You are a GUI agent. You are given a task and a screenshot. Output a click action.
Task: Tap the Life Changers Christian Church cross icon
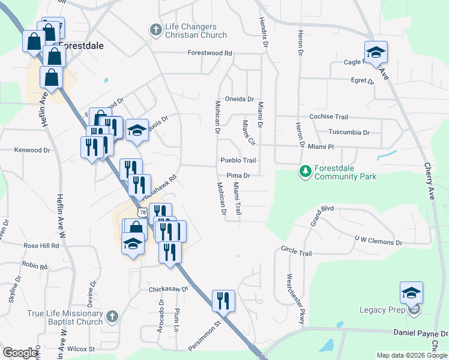click(x=155, y=28)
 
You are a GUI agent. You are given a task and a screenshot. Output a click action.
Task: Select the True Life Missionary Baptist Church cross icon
click(x=112, y=316)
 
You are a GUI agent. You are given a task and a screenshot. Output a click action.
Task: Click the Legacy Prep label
click(x=383, y=310)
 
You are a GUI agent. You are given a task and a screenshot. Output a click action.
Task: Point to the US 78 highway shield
click(x=142, y=212)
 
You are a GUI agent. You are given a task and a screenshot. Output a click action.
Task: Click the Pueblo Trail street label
click(x=238, y=160)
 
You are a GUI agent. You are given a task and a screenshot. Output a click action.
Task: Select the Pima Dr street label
click(x=238, y=175)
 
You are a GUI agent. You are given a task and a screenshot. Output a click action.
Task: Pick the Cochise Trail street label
click(x=328, y=117)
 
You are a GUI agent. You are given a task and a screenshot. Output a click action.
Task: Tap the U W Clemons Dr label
click(x=378, y=241)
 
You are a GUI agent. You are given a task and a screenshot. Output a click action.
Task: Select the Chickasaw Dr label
click(x=169, y=289)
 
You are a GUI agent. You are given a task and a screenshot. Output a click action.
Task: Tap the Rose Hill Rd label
click(x=41, y=245)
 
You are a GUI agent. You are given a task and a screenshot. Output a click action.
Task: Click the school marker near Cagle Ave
click(x=376, y=52)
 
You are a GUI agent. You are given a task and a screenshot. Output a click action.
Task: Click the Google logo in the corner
click(x=20, y=353)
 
